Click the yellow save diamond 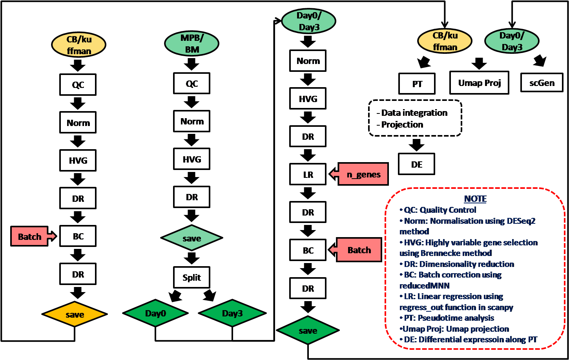point(75,314)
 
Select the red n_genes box point(363,174)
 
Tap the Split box point(192,278)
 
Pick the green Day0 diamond point(155,313)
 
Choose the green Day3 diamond point(232,313)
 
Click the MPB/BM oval point(192,44)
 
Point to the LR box point(308,174)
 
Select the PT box point(417,83)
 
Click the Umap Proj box point(479,83)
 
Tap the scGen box point(542,83)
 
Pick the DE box point(417,164)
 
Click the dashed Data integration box point(415,119)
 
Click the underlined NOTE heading point(475,199)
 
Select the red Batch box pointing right point(31,236)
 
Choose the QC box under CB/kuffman point(78,84)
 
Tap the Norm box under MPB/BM point(192,121)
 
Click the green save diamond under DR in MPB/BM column point(192,238)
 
